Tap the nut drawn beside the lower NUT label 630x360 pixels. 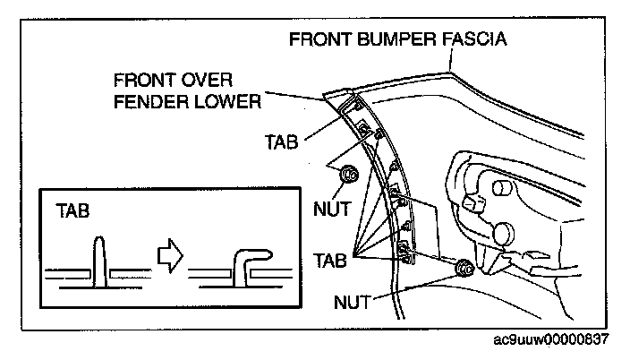pos(464,267)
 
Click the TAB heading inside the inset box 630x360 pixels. pos(72,212)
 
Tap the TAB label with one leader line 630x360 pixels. pos(283,141)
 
